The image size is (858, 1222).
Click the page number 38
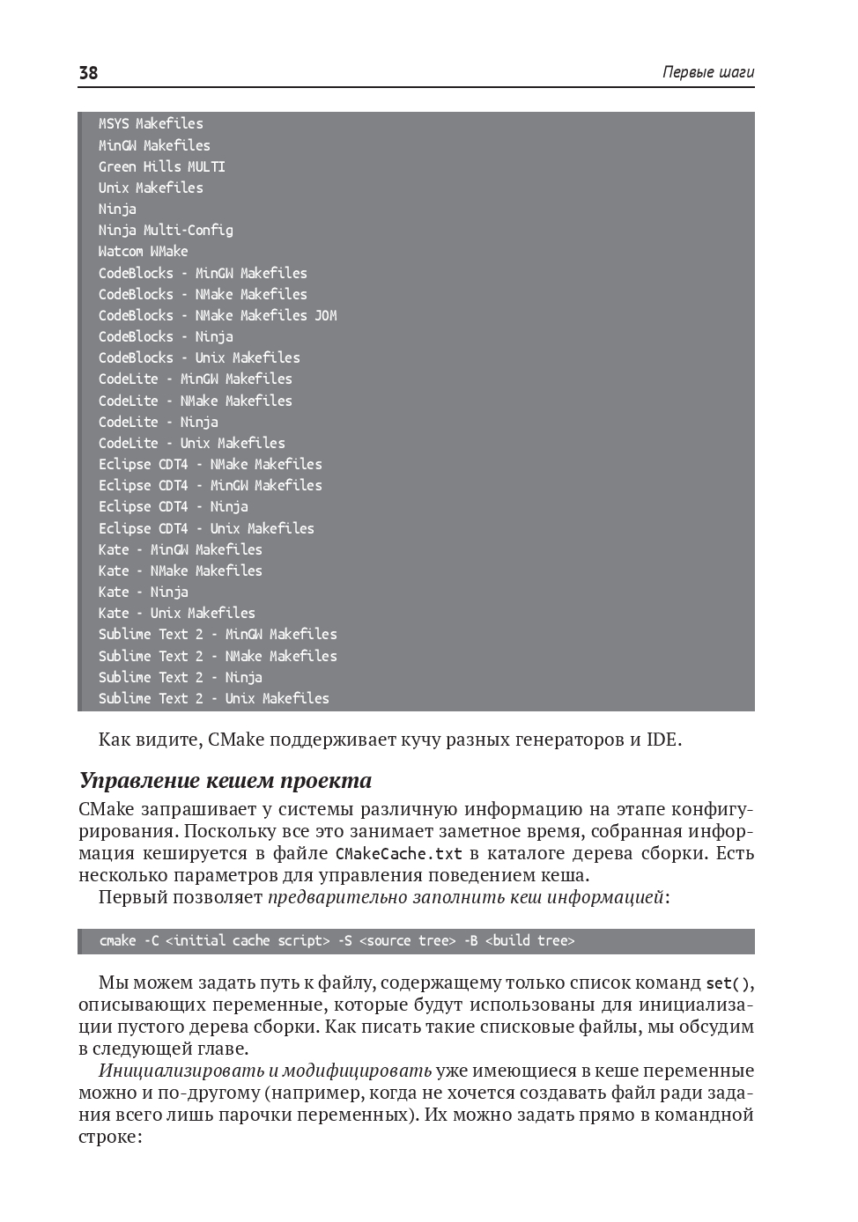coord(88,73)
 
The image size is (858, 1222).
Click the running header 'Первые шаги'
coord(708,73)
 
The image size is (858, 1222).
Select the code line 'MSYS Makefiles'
coord(151,124)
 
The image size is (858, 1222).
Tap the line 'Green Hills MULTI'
coord(162,166)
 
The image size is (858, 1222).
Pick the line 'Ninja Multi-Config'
coord(166,230)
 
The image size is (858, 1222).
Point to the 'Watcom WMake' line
coord(143,251)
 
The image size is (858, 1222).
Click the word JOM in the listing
coord(326,315)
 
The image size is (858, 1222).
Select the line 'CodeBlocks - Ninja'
coord(166,336)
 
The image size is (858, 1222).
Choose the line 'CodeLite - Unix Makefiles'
coord(192,443)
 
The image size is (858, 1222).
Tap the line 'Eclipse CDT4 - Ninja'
coord(174,506)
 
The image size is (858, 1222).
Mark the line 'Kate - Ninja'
coord(143,592)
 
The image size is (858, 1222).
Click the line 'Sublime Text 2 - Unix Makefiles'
coord(214,698)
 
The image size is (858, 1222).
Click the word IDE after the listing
coord(662,740)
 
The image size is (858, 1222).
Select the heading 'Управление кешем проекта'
coord(226,781)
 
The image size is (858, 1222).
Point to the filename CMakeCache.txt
coord(398,854)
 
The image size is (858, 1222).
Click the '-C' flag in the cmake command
coord(151,941)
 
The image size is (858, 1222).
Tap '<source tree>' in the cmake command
coord(407,941)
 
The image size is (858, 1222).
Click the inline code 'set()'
coord(729,983)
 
